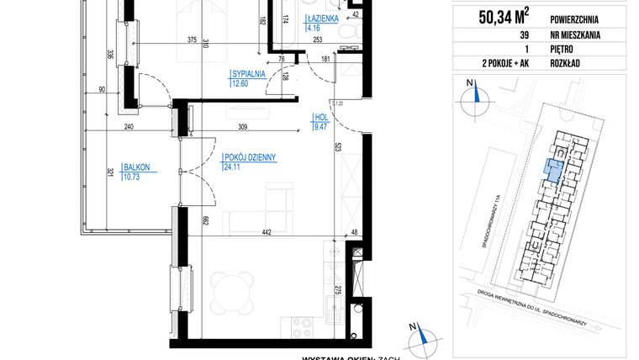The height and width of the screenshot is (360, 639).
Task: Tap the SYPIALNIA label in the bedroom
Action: click(248, 74)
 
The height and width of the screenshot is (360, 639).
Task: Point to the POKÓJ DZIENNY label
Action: click(251, 157)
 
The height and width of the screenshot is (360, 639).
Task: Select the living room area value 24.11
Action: click(233, 167)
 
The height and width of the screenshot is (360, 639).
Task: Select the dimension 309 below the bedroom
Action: click(242, 126)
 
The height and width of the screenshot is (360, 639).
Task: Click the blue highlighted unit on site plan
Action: click(554, 168)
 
